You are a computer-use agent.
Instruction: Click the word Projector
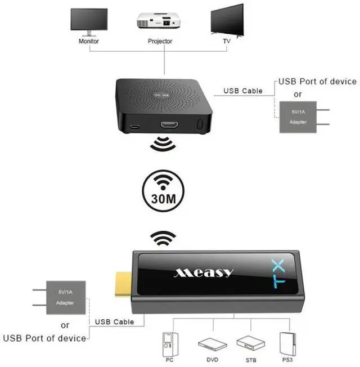pos(160,41)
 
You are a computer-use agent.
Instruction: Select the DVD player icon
pos(210,343)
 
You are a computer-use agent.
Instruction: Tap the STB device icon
pos(247,342)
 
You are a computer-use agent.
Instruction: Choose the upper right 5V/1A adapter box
pos(298,117)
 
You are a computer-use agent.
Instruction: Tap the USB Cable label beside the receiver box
pos(243,91)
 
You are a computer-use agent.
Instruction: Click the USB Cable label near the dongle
pos(115,322)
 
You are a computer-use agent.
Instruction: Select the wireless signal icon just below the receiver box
pos(162,145)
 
